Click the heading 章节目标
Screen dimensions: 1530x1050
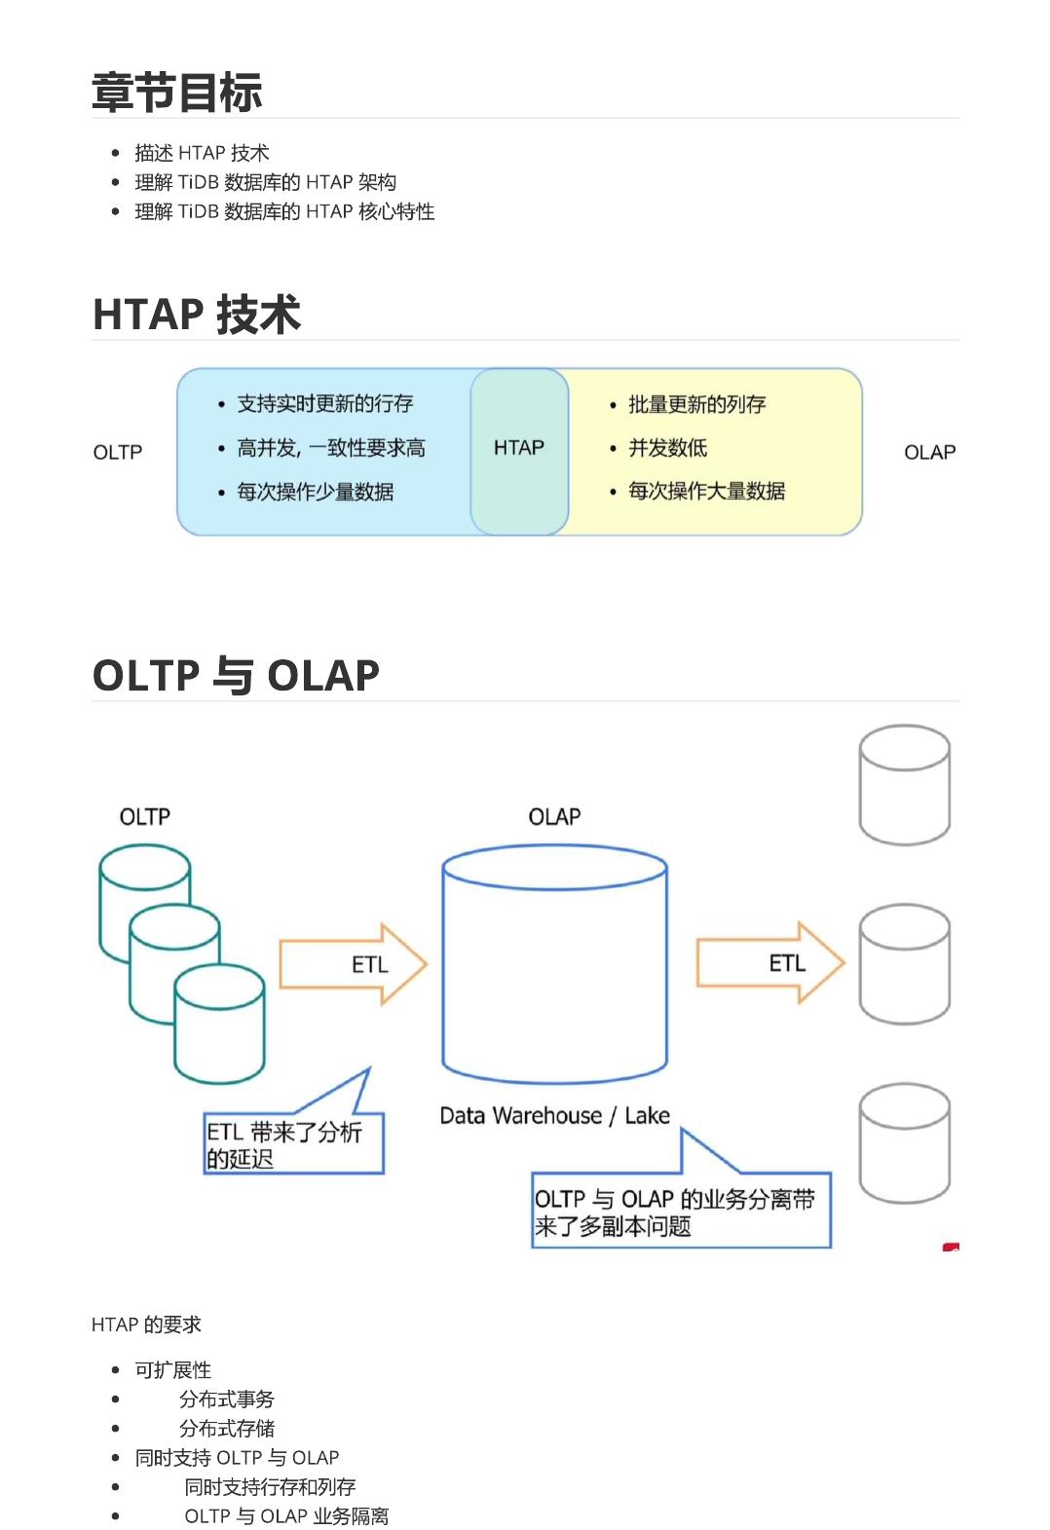click(x=176, y=93)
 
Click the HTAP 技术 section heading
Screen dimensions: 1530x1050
click(x=196, y=315)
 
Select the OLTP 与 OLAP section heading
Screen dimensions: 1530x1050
click(x=236, y=675)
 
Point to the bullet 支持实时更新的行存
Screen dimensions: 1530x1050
click(x=324, y=404)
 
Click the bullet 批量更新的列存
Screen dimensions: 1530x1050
click(x=696, y=404)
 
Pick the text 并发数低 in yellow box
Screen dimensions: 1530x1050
click(x=667, y=448)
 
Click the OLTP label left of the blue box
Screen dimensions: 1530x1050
click(x=118, y=453)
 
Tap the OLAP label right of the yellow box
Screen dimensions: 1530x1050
click(x=929, y=453)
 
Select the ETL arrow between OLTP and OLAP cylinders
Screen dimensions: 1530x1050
click(x=353, y=964)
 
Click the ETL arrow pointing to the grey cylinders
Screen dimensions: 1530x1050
click(x=769, y=963)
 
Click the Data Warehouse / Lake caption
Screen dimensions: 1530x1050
click(x=554, y=1116)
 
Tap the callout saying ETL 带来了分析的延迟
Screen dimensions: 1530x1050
click(x=293, y=1144)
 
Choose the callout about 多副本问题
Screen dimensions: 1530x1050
click(x=680, y=1212)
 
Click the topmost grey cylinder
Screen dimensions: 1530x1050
click(x=904, y=784)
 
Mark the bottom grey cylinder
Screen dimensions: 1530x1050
click(x=904, y=1143)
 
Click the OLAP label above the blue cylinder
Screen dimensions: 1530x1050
click(x=554, y=817)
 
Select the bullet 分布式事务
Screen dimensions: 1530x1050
click(x=227, y=1399)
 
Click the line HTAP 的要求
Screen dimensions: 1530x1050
click(x=146, y=1325)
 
